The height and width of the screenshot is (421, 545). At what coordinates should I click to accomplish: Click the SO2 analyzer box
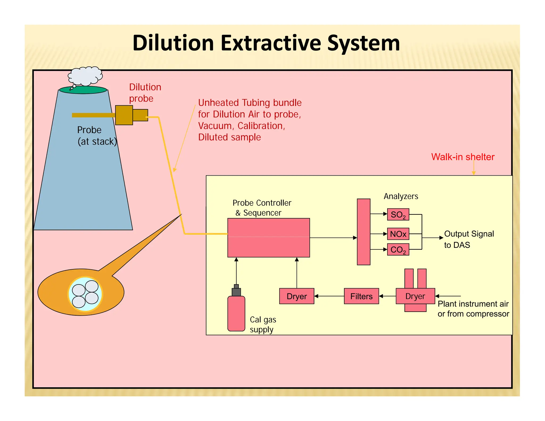point(398,214)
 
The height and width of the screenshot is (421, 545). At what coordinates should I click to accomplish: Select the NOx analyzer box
point(398,234)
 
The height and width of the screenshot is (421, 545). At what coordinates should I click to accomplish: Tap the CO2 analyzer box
point(398,250)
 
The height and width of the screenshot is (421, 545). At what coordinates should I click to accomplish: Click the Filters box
point(361,296)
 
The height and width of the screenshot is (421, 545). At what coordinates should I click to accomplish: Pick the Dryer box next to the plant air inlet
point(415,296)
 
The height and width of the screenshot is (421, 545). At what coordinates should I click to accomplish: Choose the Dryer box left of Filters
point(296,296)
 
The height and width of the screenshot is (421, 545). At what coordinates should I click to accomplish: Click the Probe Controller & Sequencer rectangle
point(268,238)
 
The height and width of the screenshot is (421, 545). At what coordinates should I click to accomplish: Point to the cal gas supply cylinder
point(236,313)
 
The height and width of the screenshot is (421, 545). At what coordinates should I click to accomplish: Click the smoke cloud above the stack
point(85,76)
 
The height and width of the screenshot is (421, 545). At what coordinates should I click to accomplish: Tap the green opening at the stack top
point(83,90)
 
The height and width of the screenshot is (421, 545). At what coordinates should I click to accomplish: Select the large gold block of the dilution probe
point(124,115)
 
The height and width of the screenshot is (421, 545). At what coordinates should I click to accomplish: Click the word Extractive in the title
point(271,43)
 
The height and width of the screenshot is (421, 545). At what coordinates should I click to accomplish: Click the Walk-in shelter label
point(463,157)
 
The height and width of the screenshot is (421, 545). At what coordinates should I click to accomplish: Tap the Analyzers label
point(401,196)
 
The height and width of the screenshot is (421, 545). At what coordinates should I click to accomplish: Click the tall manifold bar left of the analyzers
point(364,232)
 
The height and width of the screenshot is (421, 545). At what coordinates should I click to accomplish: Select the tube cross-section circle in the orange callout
point(85,294)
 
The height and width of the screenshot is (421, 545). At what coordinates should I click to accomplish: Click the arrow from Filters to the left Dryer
point(329,296)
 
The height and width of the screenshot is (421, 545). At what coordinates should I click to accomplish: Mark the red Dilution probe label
point(145,93)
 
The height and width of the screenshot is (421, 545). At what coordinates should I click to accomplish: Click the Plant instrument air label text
point(473,304)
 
